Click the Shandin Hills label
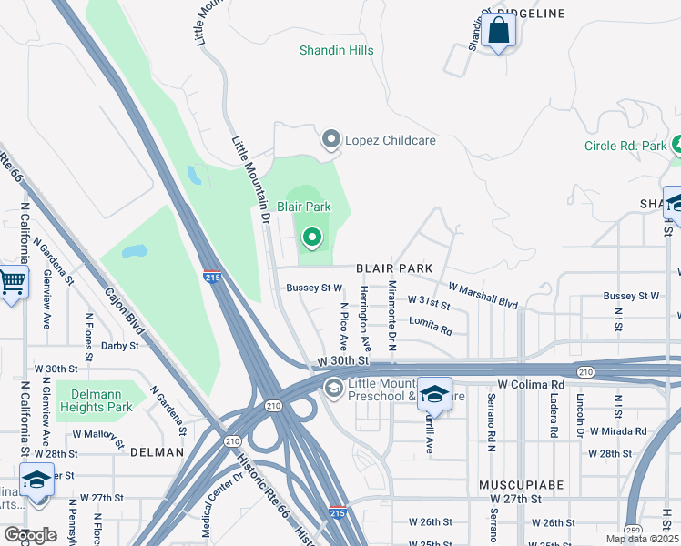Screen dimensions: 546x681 pos(337,50)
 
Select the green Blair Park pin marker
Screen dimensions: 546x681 pos(312,238)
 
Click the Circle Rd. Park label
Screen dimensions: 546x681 pos(625,146)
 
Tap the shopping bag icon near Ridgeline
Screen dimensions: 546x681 pos(499,30)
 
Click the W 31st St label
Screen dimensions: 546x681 pos(428,299)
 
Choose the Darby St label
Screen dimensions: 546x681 pos(119,346)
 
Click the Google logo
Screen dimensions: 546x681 pos(30,535)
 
